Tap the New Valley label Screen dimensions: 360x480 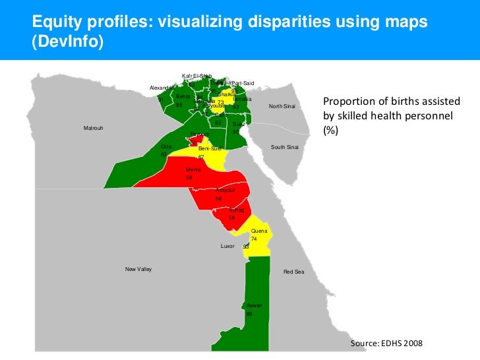point(138,269)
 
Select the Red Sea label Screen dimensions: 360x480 point(293,272)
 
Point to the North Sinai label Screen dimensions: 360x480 point(282,107)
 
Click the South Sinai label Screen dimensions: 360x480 point(285,147)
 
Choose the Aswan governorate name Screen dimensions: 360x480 point(255,305)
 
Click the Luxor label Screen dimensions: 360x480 point(227,246)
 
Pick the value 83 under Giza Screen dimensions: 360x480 point(164,154)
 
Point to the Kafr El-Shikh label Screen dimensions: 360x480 point(196,76)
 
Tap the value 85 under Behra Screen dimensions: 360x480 point(179,105)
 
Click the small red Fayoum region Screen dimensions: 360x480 point(196,140)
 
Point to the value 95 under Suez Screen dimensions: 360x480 point(236,132)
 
